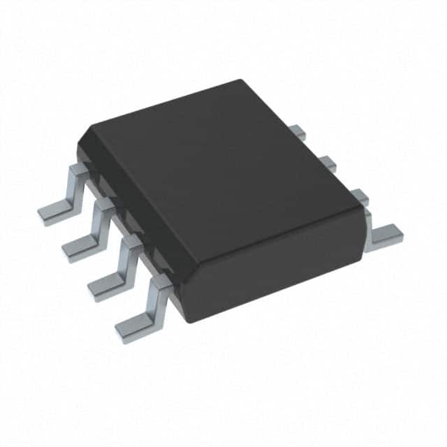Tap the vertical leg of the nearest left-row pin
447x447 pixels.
coord(154,301)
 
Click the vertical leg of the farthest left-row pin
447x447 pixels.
coord(73,189)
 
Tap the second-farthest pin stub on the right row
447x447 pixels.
coord(328,163)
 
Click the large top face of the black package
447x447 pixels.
coord(223,182)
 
